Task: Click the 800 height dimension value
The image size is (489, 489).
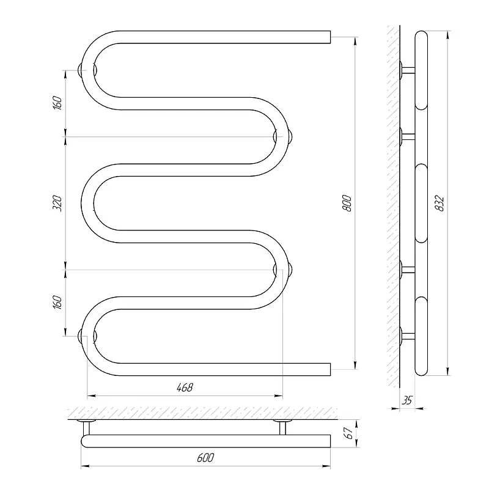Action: [x=347, y=203]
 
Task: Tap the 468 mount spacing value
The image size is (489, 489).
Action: [x=185, y=388]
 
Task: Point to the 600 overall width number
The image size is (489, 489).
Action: [x=205, y=457]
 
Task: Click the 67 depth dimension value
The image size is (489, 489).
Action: [x=349, y=433]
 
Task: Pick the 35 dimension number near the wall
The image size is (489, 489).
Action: [x=407, y=400]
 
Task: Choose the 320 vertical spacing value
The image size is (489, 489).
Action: [x=57, y=203]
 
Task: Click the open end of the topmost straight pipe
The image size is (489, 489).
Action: [x=330, y=37]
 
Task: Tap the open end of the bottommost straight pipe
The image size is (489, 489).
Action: [x=330, y=369]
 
